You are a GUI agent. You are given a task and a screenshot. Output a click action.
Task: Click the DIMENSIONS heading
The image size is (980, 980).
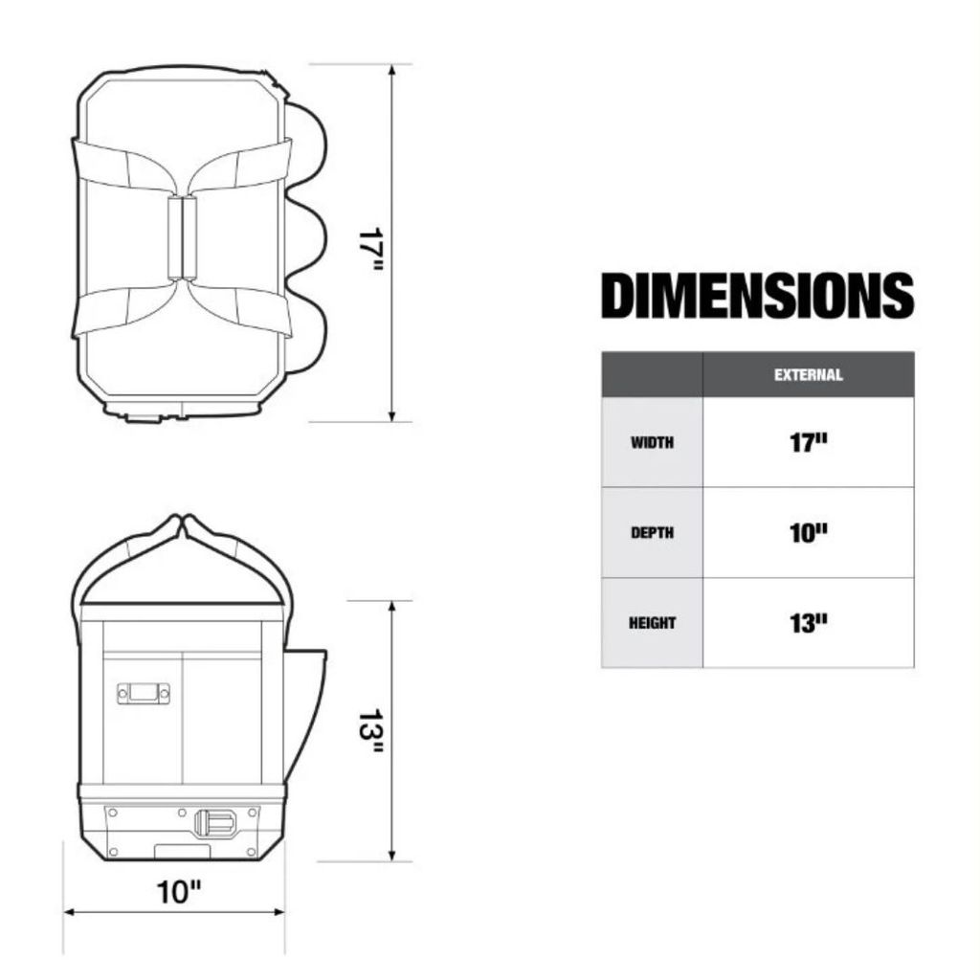pos(758,296)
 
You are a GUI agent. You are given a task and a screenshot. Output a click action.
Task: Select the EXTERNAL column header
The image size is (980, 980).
pos(808,375)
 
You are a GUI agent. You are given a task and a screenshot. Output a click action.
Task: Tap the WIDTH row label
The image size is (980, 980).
pos(652,442)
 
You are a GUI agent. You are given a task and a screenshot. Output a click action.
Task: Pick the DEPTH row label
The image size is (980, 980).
pos(652,532)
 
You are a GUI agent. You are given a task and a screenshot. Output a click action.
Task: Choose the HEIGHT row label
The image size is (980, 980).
pos(652,623)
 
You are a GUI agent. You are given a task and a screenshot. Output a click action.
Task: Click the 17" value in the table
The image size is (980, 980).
pos(808,442)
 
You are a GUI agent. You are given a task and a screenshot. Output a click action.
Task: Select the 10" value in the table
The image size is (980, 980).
pos(808,533)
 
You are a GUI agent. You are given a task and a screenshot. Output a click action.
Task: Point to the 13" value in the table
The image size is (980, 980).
pos(808,623)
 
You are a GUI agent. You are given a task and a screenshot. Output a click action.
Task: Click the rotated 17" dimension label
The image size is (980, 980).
pos(370,249)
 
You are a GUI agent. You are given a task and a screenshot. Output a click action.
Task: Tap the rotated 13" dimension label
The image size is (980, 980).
pos(370,730)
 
